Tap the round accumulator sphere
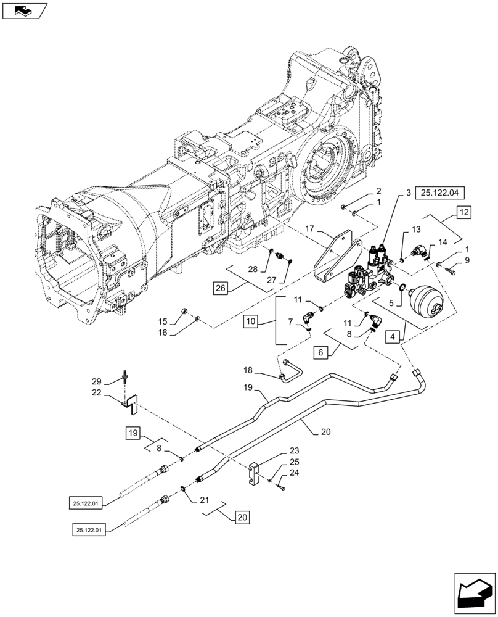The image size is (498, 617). pyautogui.click(x=425, y=303)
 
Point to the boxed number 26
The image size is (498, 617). pyautogui.click(x=222, y=288)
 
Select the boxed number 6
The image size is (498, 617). pyautogui.click(x=320, y=353)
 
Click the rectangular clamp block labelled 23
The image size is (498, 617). pyautogui.click(x=256, y=475)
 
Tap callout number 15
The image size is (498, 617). pyautogui.click(x=163, y=321)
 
